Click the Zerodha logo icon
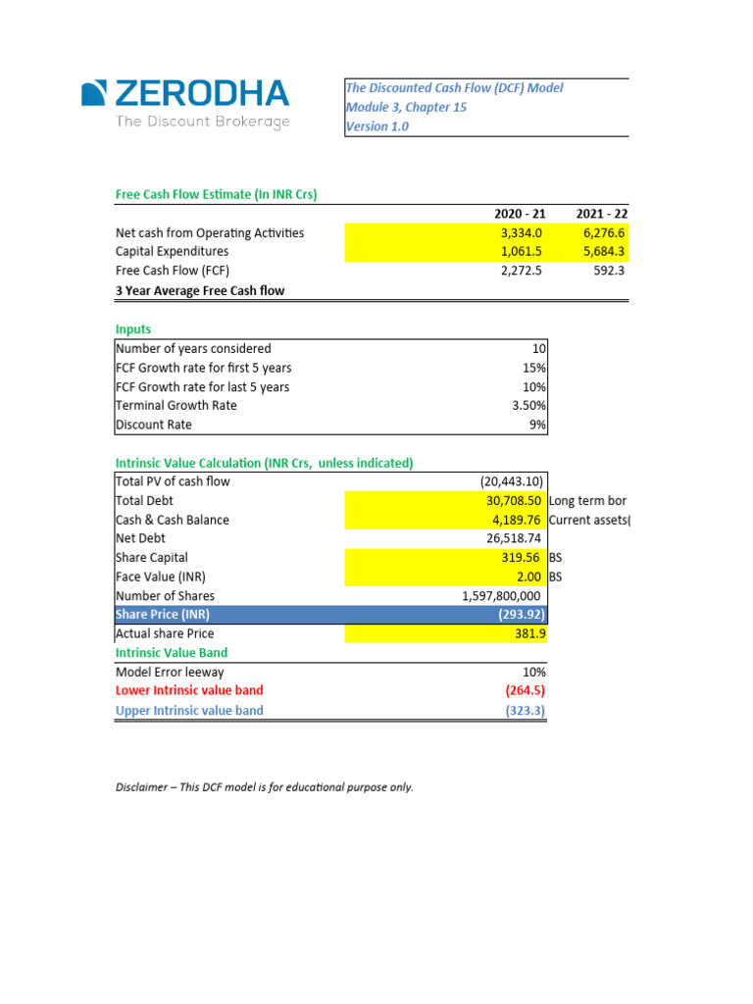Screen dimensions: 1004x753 tap(94, 93)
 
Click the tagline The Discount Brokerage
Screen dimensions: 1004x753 tap(203, 122)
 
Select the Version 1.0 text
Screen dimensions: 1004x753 tap(377, 126)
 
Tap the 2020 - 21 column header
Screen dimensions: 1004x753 tap(520, 214)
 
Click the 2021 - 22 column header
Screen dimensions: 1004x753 tap(601, 214)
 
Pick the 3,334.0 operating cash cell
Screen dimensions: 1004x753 tap(522, 233)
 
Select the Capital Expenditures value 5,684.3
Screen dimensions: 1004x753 tap(602, 252)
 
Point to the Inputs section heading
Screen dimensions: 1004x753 tap(133, 329)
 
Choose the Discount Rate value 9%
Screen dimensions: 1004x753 tap(536, 425)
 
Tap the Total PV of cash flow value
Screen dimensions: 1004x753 tap(513, 481)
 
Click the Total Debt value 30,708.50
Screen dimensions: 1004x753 tap(516, 501)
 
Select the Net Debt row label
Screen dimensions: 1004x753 tap(140, 538)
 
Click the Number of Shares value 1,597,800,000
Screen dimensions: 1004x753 tap(500, 595)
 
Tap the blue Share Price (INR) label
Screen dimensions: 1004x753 tap(163, 615)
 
